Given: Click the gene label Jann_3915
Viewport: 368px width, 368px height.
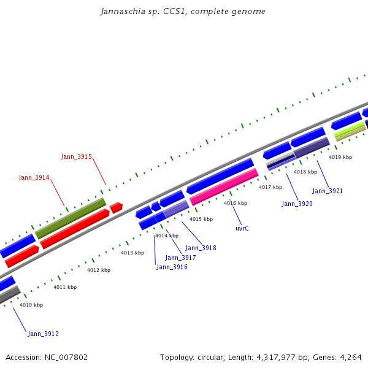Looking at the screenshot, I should (x=76, y=157).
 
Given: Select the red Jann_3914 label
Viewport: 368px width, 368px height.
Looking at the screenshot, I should (x=34, y=178).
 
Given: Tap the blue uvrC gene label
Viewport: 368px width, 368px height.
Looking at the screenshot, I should (x=242, y=228).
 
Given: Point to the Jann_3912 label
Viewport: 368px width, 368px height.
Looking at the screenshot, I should (x=43, y=334).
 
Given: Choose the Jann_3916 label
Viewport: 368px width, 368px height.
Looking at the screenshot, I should (x=172, y=267).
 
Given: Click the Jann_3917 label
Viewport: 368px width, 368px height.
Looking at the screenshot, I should (x=180, y=258).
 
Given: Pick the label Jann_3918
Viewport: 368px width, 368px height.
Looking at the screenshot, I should (x=201, y=248).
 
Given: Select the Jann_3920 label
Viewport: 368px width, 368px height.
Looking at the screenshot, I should (x=297, y=204).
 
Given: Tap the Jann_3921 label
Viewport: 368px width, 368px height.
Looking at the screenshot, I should (x=328, y=191).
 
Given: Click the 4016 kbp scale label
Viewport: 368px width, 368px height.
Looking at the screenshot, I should (x=236, y=203).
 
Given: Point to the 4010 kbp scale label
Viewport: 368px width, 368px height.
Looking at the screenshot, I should (x=31, y=305).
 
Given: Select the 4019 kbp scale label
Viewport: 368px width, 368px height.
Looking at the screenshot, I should (x=340, y=157).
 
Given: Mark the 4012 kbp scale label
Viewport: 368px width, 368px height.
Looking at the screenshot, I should (x=99, y=270).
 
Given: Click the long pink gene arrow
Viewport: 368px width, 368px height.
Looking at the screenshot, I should (x=224, y=187).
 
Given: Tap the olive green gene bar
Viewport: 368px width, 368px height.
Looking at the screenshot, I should (x=71, y=218).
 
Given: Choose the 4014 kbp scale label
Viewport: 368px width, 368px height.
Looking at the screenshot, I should (x=166, y=236).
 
